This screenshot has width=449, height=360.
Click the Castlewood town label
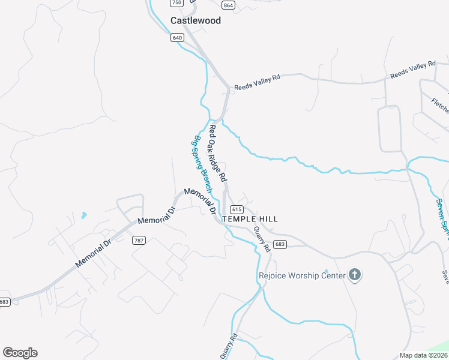(196, 20)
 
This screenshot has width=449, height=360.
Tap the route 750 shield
(176, 3)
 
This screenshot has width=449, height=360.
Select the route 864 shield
(228, 5)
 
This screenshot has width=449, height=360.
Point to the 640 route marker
(176, 38)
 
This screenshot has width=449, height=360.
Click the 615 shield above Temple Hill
(236, 209)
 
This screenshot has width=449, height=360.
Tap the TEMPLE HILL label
(250, 219)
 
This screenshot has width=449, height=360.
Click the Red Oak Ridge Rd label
(217, 154)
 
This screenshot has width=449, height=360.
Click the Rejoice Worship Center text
(302, 276)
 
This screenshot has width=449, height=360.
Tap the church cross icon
(355, 275)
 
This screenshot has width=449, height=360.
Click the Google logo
(20, 353)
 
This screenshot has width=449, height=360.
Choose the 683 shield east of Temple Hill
(280, 244)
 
